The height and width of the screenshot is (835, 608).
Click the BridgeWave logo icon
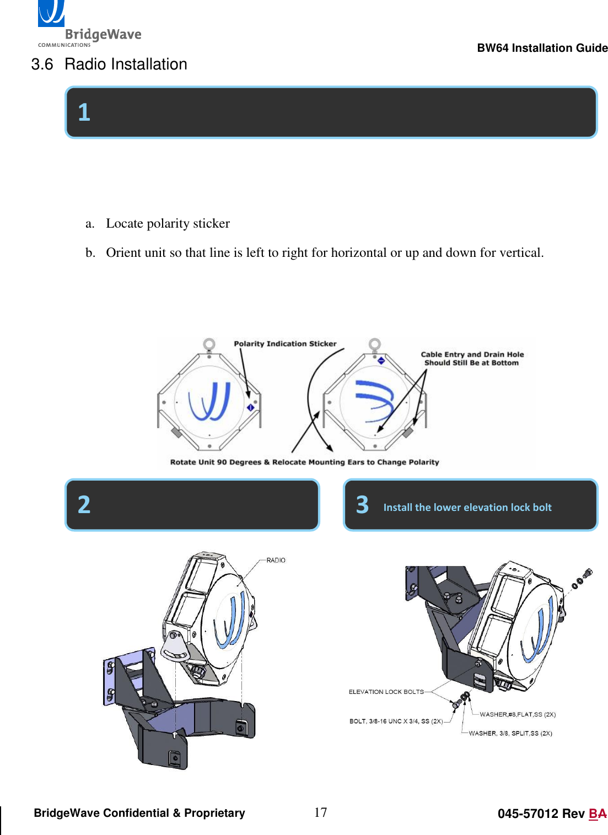51,13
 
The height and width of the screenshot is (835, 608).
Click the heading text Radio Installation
126,64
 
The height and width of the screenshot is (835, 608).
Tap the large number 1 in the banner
84,112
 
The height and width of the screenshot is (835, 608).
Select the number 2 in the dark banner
84,505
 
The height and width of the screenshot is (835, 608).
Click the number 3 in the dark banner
362,505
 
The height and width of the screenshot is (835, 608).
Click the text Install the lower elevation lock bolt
467,508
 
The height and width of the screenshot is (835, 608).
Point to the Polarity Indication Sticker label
285,344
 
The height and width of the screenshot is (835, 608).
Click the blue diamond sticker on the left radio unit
250,407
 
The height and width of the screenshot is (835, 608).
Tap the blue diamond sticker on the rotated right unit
381,360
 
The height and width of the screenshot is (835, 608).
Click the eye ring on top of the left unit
209,344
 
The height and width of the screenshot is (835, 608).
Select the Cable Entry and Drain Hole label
472,358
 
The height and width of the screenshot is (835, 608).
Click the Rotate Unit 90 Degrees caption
304,462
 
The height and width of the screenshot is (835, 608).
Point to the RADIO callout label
276,561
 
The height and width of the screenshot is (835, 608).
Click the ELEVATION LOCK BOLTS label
386,692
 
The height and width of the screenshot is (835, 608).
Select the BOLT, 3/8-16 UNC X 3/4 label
396,721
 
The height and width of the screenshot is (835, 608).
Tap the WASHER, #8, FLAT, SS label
517,714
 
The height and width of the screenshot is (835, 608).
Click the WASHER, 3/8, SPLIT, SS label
510,733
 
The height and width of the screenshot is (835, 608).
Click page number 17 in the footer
320,812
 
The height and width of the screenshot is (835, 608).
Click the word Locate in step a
125,223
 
